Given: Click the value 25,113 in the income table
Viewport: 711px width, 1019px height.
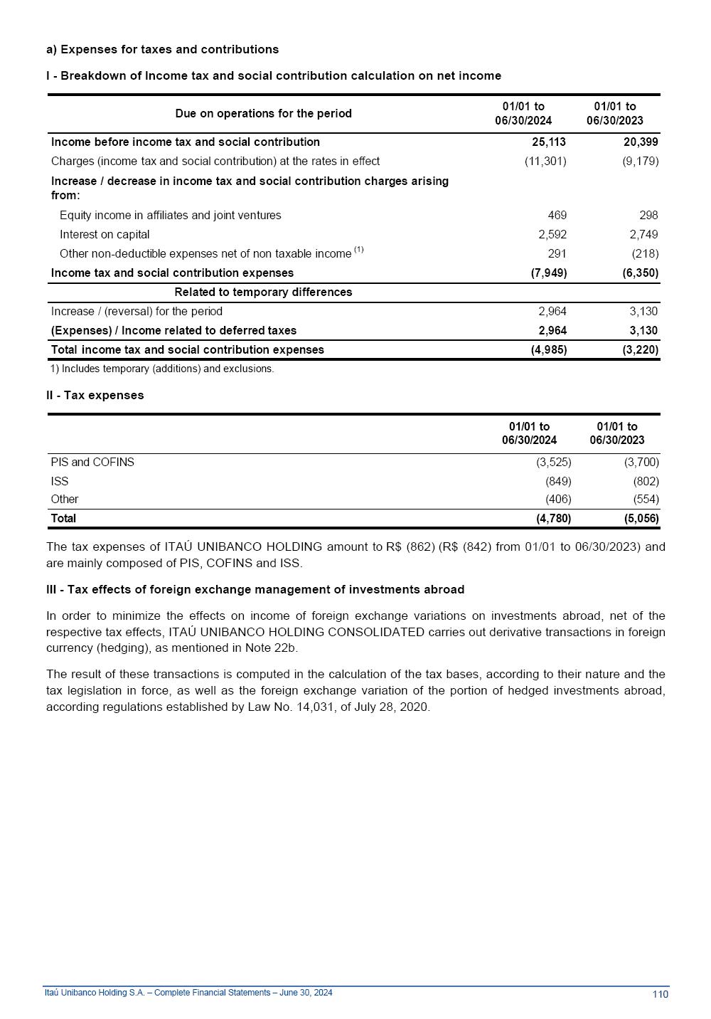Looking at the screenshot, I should pos(549,142).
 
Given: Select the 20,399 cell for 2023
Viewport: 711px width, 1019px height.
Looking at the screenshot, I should pos(641,142).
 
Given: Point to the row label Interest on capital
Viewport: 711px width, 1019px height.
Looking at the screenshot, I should pos(105,235).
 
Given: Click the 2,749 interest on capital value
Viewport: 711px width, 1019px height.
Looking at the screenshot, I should pos(643,235).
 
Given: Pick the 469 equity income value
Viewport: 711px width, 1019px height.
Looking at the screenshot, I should pos(557,216).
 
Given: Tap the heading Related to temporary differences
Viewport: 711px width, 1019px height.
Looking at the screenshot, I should pos(263,292).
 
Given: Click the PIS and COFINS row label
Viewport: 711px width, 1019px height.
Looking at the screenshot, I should pos(92,463).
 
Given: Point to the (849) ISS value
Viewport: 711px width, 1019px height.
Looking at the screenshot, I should pos(558,482).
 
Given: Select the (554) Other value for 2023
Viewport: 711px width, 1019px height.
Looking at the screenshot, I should pos(646,500).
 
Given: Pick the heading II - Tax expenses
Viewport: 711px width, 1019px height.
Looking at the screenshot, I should pos(95,396).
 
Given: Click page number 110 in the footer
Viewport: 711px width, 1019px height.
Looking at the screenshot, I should pos(660,994).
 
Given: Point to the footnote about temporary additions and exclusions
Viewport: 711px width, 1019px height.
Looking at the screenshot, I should pos(162,369).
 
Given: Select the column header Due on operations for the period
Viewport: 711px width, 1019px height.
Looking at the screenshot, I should pos(263,114).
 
